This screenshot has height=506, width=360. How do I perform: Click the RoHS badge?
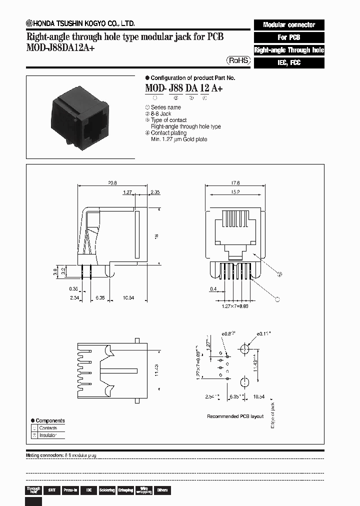pyautogui.click(x=238, y=60)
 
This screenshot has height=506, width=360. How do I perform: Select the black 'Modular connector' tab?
pyautogui.click(x=289, y=24)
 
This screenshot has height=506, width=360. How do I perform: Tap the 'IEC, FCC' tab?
pyautogui.click(x=289, y=63)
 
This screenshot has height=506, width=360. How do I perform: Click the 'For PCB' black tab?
pyautogui.click(x=289, y=37)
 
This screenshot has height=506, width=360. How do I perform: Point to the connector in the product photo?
pyautogui.click(x=80, y=117)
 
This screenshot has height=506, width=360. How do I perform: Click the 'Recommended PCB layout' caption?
pyautogui.click(x=235, y=416)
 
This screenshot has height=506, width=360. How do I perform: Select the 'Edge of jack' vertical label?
pyautogui.click(x=272, y=415)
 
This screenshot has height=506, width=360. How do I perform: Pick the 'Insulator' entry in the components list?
pyautogui.click(x=48, y=435)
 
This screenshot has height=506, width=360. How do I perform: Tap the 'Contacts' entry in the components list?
pyautogui.click(x=48, y=428)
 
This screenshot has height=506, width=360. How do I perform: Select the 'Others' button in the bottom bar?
pyautogui.click(x=162, y=490)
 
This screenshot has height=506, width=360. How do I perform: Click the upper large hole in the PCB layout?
pyautogui.click(x=244, y=348)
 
